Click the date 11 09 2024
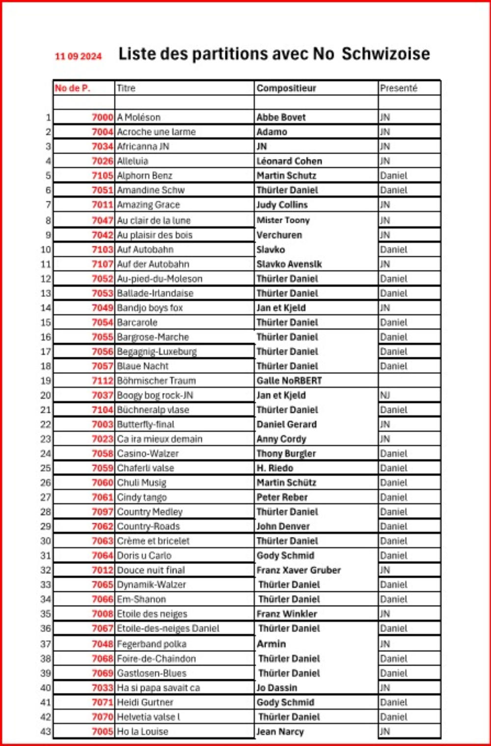[x=78, y=56]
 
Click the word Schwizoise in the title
[x=385, y=53]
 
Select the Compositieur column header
[x=286, y=88]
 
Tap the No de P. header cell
[x=72, y=88]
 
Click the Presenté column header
[x=398, y=88]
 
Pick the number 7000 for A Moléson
[x=102, y=117]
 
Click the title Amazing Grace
[x=148, y=205]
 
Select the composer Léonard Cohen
[x=289, y=161]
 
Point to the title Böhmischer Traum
[x=156, y=380]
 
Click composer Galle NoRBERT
[x=289, y=380]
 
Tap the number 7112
[x=102, y=380]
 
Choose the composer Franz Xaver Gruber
[x=299, y=570]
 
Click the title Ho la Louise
[x=142, y=731]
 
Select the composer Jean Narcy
[x=280, y=731]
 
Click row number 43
[x=45, y=731]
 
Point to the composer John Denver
[x=283, y=526]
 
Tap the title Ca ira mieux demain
[x=160, y=439]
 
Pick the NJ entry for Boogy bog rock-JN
[x=385, y=395]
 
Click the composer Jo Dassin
[x=276, y=688]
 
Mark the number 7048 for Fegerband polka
[x=102, y=644]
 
